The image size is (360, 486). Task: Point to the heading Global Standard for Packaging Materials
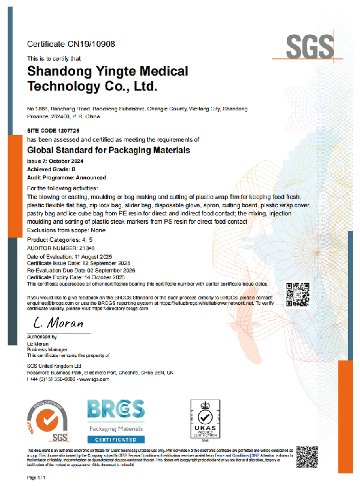(109, 149)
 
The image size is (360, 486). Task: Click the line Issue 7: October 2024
(56, 163)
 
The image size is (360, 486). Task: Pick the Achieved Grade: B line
(52, 170)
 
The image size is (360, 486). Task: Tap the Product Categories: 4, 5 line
(61, 239)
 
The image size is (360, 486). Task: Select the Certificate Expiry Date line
(76, 278)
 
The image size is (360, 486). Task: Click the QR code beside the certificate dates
(296, 293)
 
